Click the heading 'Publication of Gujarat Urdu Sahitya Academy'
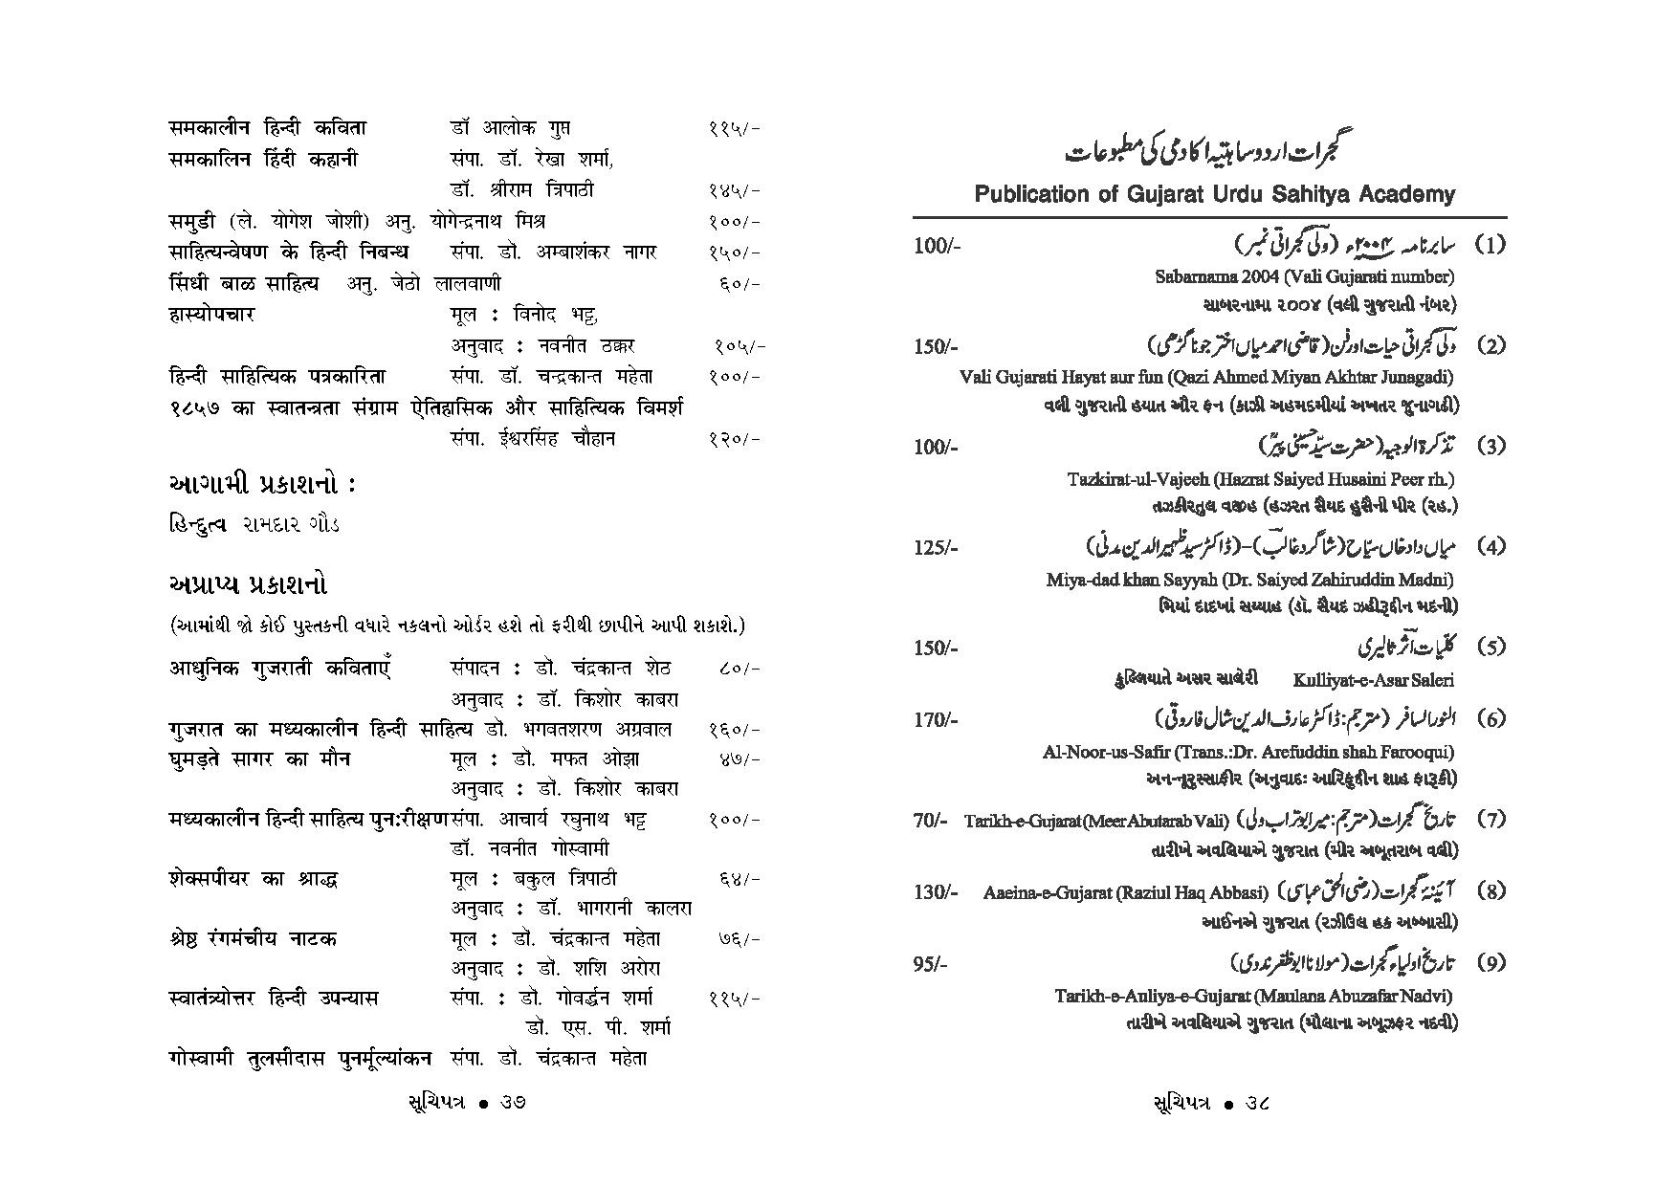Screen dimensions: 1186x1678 (x=1214, y=194)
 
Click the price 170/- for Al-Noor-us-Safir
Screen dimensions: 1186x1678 (x=935, y=719)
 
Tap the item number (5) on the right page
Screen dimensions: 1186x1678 (x=1490, y=648)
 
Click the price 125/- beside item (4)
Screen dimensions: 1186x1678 (x=935, y=548)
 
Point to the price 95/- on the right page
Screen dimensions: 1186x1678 (x=929, y=964)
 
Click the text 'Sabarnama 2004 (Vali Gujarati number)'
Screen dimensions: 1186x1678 (x=1304, y=276)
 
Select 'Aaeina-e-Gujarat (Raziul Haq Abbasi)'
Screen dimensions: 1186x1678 (x=1124, y=892)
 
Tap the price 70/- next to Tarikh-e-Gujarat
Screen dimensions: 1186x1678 (x=929, y=820)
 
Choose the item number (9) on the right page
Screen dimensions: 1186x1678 (x=1490, y=964)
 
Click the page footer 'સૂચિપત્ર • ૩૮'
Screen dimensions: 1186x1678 (x=1210, y=1103)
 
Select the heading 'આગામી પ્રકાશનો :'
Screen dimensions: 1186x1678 (x=261, y=485)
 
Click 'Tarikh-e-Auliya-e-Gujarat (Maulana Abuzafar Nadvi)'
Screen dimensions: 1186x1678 (x=1253, y=995)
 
